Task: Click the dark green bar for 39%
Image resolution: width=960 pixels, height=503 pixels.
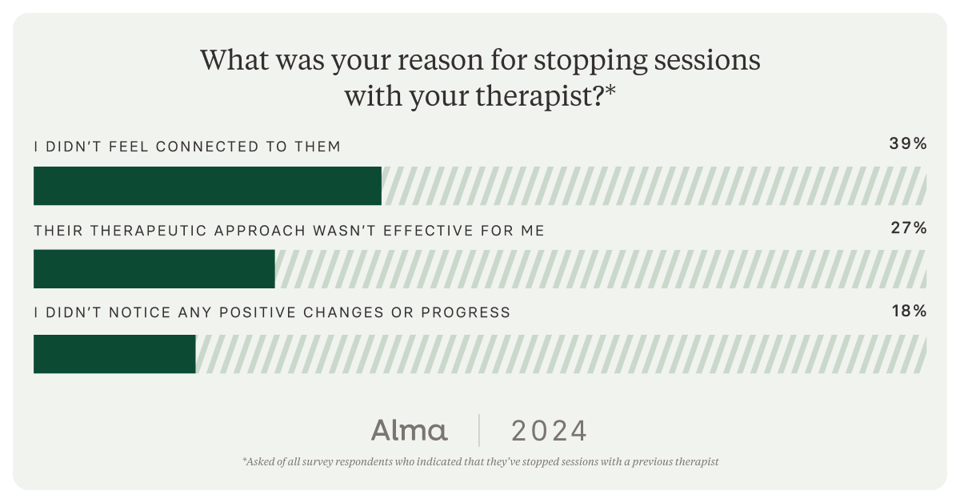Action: point(207,186)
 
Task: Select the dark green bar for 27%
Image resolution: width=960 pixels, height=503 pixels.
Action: point(154,269)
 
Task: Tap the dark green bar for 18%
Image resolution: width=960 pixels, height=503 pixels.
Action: point(114,354)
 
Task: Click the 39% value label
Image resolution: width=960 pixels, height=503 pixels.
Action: point(908,144)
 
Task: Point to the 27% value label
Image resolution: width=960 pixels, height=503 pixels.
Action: point(909,228)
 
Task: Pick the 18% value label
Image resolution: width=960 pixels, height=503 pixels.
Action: point(909,312)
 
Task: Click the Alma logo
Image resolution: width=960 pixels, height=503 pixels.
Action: point(409,430)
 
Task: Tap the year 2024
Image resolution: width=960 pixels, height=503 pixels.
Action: point(549,431)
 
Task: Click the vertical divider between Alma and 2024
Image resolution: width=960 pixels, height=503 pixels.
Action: point(479,430)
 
